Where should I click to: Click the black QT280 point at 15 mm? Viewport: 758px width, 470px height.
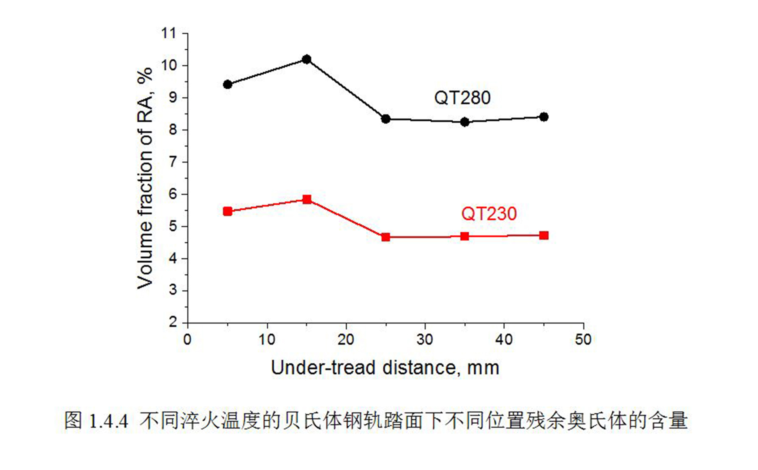[x=306, y=59]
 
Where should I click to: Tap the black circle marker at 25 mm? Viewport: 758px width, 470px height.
[x=386, y=119]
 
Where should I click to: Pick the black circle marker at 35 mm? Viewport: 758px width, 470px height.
[x=465, y=122]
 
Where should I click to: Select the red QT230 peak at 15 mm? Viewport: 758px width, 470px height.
[x=306, y=199]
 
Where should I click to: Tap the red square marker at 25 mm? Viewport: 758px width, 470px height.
[x=386, y=237]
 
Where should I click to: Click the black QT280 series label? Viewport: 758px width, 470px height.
[x=462, y=98]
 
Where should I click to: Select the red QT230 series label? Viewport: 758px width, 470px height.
[x=489, y=214]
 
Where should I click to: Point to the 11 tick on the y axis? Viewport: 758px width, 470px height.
[x=168, y=33]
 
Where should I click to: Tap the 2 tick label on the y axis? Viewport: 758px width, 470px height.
[x=173, y=322]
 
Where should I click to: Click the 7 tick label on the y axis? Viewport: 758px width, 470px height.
[x=173, y=162]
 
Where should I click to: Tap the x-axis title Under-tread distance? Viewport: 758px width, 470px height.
[x=385, y=368]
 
